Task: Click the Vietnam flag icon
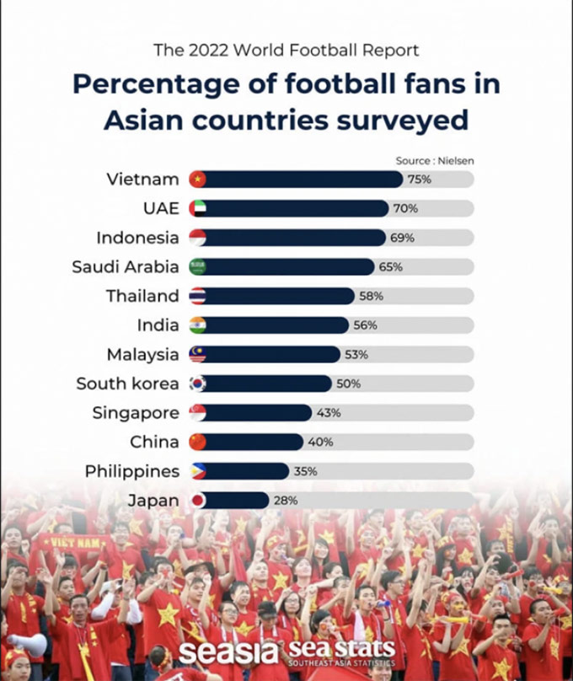[197, 179]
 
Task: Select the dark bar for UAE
[295, 208]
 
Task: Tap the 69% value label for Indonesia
[402, 238]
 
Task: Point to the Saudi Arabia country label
[126, 266]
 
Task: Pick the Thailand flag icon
[197, 296]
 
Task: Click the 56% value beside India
[365, 325]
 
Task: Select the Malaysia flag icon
[197, 354]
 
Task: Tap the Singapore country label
[136, 413]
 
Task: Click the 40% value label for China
[320, 442]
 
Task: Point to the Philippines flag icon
[197, 471]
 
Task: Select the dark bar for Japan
[236, 501]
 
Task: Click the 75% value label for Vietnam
[420, 179]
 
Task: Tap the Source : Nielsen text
[435, 160]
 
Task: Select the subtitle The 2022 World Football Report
[286, 50]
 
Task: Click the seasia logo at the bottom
[229, 652]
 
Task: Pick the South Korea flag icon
[197, 383]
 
